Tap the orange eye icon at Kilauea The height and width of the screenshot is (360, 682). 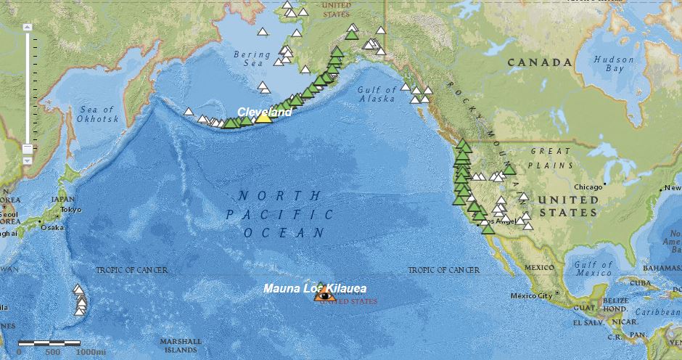click(325, 295)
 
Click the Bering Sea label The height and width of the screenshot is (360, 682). click(252, 59)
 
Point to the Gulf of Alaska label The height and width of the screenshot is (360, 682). click(377, 94)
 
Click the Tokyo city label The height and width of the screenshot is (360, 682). click(71, 210)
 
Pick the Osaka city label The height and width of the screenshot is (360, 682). click(52, 227)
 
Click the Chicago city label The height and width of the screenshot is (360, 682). click(590, 187)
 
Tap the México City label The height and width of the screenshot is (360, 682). click(532, 295)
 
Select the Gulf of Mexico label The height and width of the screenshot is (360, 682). click(593, 269)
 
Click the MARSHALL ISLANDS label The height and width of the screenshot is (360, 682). click(181, 345)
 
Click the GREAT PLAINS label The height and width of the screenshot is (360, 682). click(553, 157)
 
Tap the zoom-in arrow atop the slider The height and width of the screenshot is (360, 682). click(28, 27)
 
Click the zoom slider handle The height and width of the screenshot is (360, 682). click(28, 150)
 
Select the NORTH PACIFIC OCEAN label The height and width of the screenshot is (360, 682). click(279, 214)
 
